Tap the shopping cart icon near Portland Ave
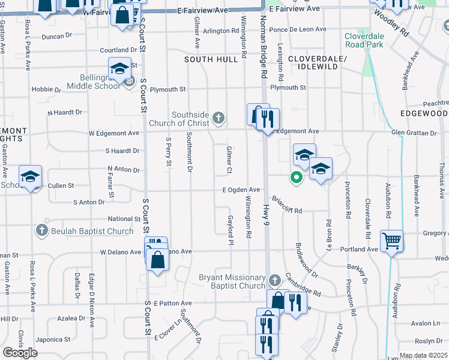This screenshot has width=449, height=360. point(391,241)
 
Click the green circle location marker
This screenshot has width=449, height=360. point(295,177)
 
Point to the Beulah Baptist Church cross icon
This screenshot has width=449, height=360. point(41,230)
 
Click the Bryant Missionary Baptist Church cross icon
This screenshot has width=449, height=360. point(274,281)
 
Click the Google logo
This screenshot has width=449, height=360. point(20,353)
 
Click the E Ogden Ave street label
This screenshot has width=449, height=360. point(241,190)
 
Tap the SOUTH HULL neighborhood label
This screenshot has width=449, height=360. point(207,59)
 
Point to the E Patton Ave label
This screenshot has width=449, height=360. point(172,304)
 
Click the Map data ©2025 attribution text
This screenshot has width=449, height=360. point(424,355)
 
